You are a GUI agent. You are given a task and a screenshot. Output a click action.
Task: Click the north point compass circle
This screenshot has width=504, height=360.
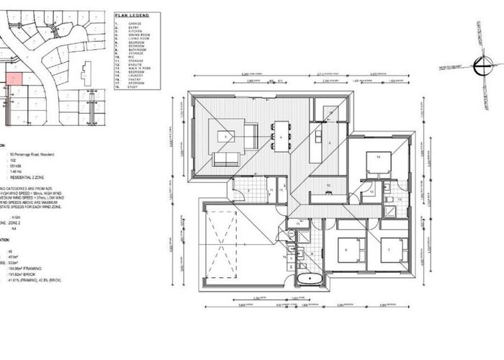click(479, 64)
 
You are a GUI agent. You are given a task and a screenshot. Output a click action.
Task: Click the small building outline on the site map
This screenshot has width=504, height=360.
click(86, 72)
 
